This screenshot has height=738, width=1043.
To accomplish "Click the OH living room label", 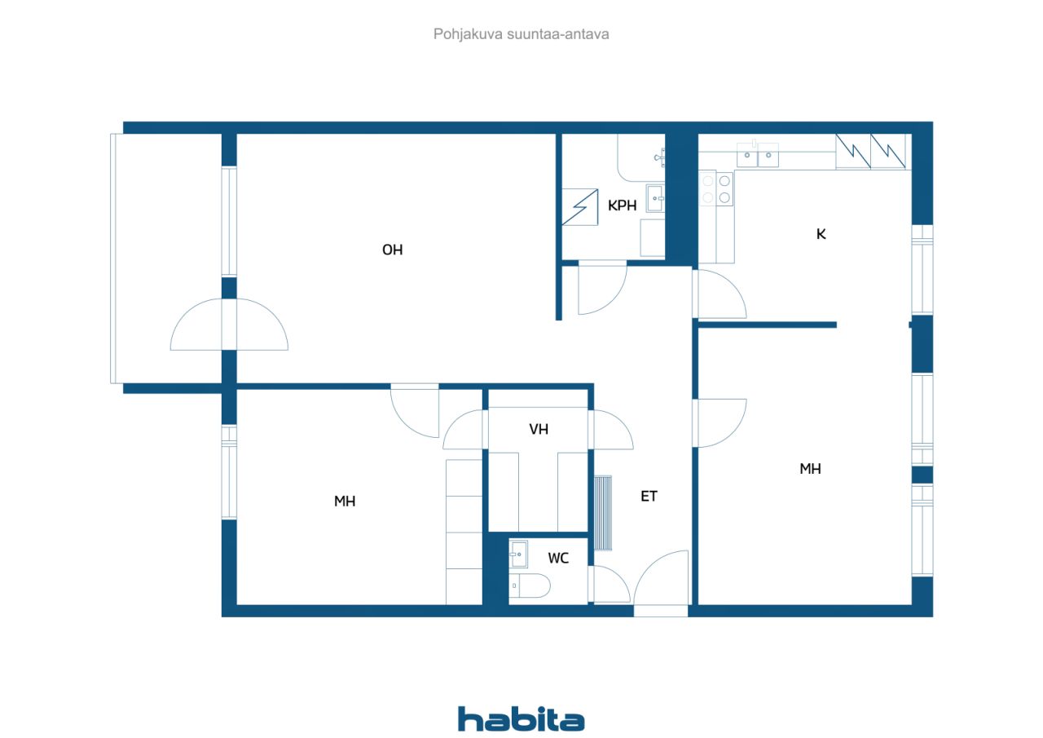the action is tap(392, 250).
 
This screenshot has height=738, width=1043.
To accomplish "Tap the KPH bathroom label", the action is tap(622, 205).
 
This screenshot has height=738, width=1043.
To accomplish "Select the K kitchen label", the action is tap(821, 234).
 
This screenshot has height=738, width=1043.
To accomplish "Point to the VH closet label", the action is tap(539, 429).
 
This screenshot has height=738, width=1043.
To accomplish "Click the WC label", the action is tap(558, 558).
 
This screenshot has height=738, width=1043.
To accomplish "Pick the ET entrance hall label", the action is tap(649, 496).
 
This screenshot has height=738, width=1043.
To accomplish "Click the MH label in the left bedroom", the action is tap(345, 502).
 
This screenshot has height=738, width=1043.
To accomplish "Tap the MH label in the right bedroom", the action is tap(810, 469).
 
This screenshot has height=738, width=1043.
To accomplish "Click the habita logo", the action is tap(521, 718).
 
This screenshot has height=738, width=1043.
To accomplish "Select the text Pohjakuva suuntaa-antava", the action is tap(521, 34).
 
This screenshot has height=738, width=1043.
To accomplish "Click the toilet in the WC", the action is tap(530, 586).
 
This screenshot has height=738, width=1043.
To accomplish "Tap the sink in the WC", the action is tap(518, 554).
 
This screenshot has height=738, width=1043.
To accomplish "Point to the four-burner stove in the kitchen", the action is tap(716, 188).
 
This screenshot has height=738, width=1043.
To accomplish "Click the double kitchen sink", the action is tap(758, 155).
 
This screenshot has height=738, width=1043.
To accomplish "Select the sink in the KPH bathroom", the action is tap(655, 198).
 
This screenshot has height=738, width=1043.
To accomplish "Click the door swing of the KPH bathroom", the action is tap(602, 288).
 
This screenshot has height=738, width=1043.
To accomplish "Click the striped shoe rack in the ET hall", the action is tap(603, 512).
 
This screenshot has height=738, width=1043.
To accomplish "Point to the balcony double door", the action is tap(229, 325).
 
